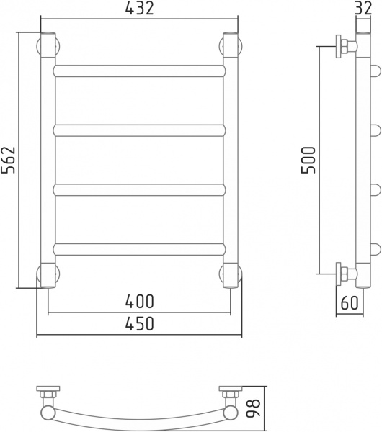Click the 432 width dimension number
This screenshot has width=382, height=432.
click(x=139, y=9)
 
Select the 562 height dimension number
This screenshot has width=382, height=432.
click(x=8, y=160)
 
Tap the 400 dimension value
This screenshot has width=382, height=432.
click(x=139, y=302)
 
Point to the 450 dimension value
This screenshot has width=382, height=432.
click(x=139, y=323)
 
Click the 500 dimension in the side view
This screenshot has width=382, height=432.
click(x=308, y=160)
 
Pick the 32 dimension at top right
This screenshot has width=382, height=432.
click(x=363, y=8)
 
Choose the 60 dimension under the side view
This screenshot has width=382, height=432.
click(x=350, y=302)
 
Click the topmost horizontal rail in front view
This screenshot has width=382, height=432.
click(x=139, y=71)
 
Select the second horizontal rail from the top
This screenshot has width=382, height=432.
click(x=139, y=130)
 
